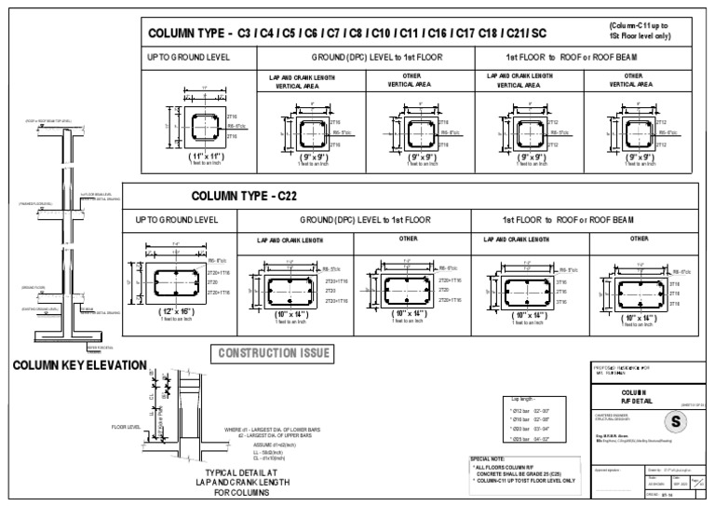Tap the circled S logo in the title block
pos(674,421)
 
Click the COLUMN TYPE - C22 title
pos(246,197)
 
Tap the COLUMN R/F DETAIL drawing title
pos(633,397)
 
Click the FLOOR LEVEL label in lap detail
pos(124,427)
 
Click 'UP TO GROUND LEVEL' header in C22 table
pos(177,220)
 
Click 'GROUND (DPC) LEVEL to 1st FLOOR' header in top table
pos(364,57)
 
